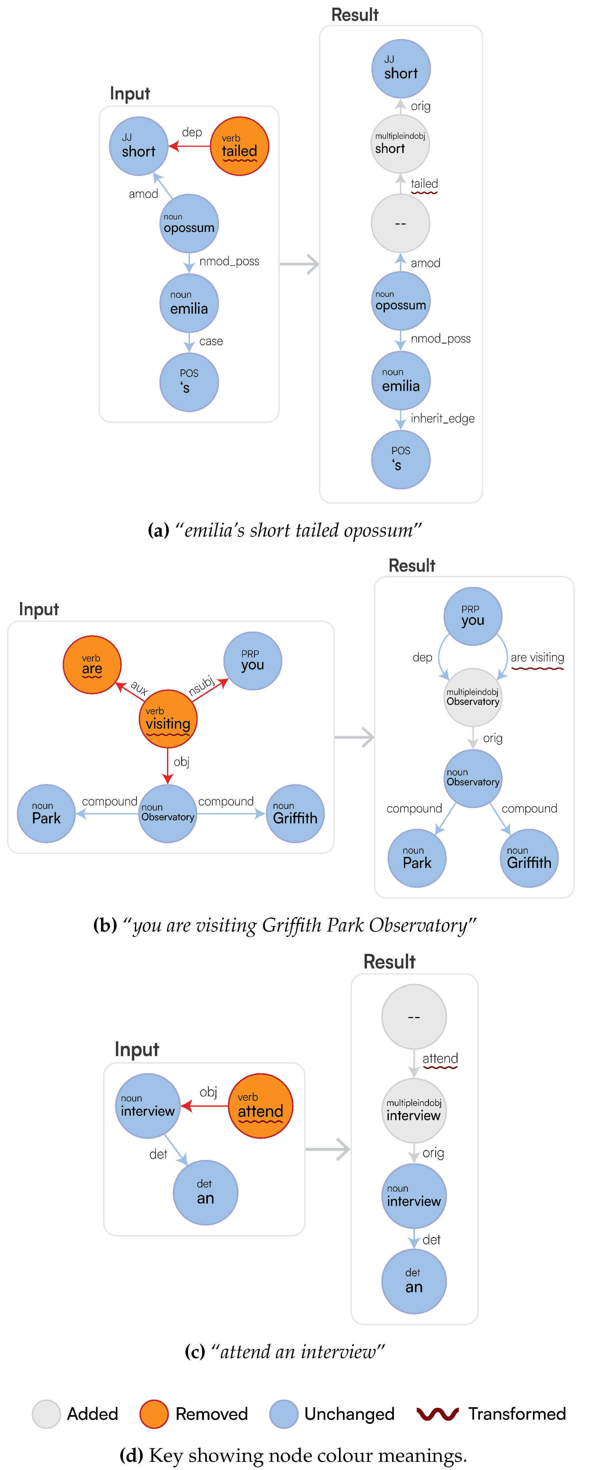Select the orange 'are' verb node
tap(92, 665)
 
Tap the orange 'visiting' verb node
tap(168, 719)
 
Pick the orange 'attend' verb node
tap(260, 1106)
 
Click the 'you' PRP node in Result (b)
tap(473, 616)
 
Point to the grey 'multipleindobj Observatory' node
tap(473, 697)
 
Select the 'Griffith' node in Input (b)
tap(295, 814)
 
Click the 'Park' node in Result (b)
tap(417, 858)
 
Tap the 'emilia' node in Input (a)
tap(189, 304)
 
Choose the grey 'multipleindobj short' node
tap(400, 144)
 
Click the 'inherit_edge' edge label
tap(442, 419)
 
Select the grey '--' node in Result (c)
tap(414, 1017)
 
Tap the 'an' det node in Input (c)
tap(206, 1193)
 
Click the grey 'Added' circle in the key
tap(46, 1414)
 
